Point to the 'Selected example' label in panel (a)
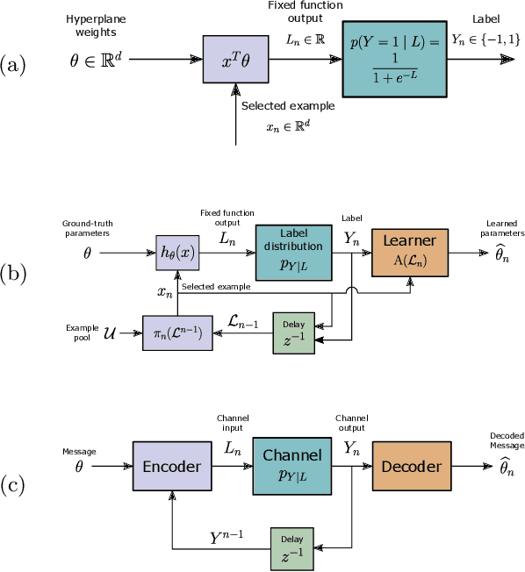[x=288, y=105]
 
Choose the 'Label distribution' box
[x=294, y=250]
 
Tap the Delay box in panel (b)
[x=292, y=333]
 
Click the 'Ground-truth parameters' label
[x=87, y=229]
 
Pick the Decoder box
[x=410, y=467]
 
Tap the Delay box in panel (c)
[x=292, y=549]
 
